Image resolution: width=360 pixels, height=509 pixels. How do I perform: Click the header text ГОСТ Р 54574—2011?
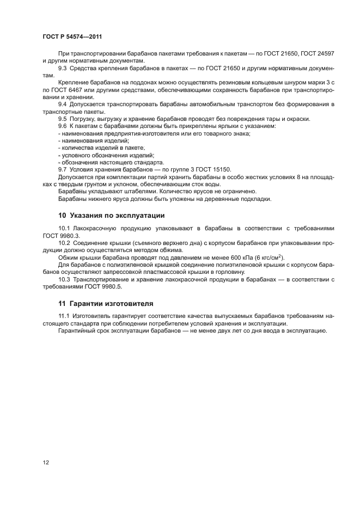72,36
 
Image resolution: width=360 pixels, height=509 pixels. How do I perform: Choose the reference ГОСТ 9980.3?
61,235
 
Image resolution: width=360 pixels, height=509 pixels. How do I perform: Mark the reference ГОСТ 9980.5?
103,286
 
